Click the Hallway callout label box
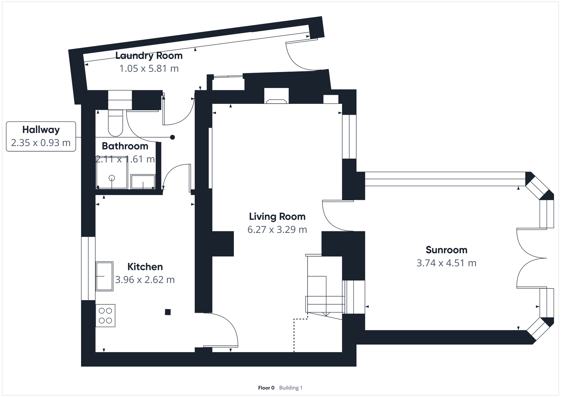click(41, 137)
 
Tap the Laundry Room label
click(149, 55)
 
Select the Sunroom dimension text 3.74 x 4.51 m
click(446, 263)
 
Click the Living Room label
click(277, 216)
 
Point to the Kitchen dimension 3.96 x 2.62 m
click(145, 280)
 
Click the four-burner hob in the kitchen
click(106, 316)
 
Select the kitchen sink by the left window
click(104, 276)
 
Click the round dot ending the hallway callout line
click(173, 137)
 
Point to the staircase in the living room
click(324, 288)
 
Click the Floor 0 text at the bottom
click(266, 388)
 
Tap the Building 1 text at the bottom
click(291, 388)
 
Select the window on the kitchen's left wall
click(88, 269)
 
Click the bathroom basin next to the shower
click(143, 182)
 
